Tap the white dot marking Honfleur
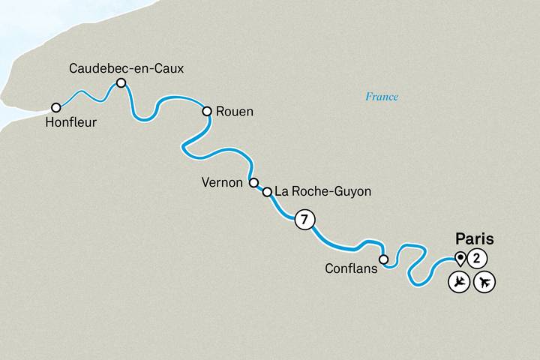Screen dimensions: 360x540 click(55, 108)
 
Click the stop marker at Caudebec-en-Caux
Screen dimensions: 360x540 click(120, 84)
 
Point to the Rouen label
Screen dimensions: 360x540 click(234, 112)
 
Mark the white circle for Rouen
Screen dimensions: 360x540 click(208, 111)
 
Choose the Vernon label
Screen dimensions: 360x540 click(222, 182)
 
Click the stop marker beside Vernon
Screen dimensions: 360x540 click(253, 182)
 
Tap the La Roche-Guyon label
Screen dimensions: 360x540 click(323, 192)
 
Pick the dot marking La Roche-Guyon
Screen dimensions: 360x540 click(267, 192)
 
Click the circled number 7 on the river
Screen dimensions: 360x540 click(304, 220)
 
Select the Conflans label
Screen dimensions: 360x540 click(350, 268)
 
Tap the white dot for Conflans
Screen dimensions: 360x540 click(383, 260)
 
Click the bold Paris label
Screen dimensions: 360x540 click(475, 240)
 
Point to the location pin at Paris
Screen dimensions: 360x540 click(458, 259)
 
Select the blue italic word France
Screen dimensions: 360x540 click(382, 97)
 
